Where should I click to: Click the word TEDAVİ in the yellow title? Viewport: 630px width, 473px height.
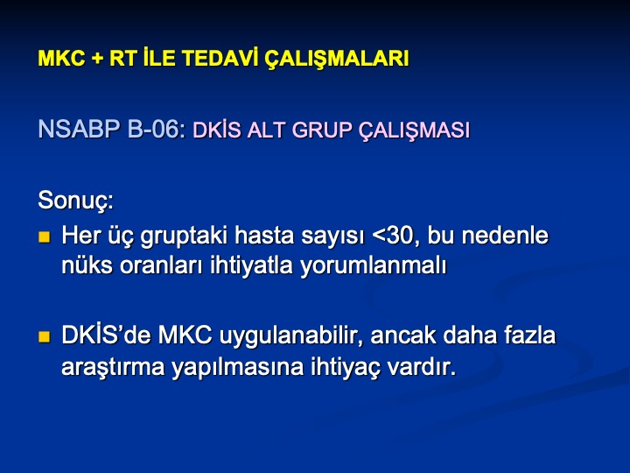coord(220,58)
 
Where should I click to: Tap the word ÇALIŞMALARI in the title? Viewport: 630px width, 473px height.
coord(336,60)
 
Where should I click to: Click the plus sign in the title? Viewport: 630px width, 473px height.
coord(97,60)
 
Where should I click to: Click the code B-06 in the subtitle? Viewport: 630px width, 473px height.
coord(156,129)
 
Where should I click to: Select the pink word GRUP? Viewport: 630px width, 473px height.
coord(322,130)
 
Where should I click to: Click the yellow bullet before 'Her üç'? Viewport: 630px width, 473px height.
coord(45,236)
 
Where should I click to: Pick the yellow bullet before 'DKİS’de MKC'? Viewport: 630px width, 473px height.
coord(45,336)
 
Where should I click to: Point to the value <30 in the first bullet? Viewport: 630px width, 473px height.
coord(396,236)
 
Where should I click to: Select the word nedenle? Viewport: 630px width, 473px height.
coord(505,235)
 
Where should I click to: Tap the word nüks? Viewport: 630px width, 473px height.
coord(87,265)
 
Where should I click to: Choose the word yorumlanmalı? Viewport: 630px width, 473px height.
coord(374,266)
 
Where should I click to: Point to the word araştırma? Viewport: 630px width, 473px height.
coord(113,367)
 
